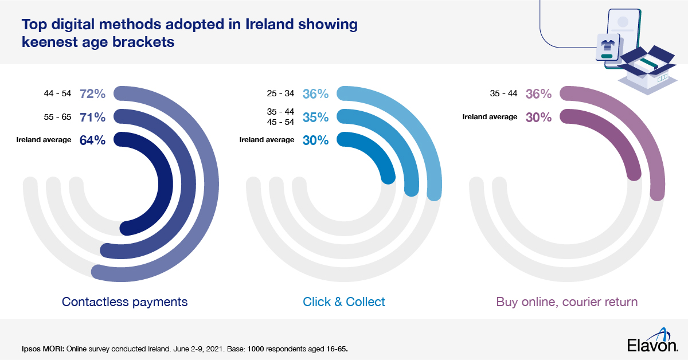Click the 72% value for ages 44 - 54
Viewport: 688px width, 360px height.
[92, 93]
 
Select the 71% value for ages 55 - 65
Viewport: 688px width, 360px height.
[92, 117]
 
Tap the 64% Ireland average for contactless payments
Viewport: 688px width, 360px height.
[92, 140]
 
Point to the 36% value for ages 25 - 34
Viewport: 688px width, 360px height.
[315, 93]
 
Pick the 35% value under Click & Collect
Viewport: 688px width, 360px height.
[315, 117]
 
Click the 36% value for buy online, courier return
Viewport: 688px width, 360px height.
[538, 93]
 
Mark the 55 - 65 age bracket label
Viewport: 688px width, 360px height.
[57, 117]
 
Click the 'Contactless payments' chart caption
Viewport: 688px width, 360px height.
[124, 302]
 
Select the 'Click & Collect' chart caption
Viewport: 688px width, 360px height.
[344, 302]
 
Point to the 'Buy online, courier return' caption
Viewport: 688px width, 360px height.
[566, 302]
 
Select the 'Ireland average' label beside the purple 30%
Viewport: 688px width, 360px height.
[490, 117]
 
